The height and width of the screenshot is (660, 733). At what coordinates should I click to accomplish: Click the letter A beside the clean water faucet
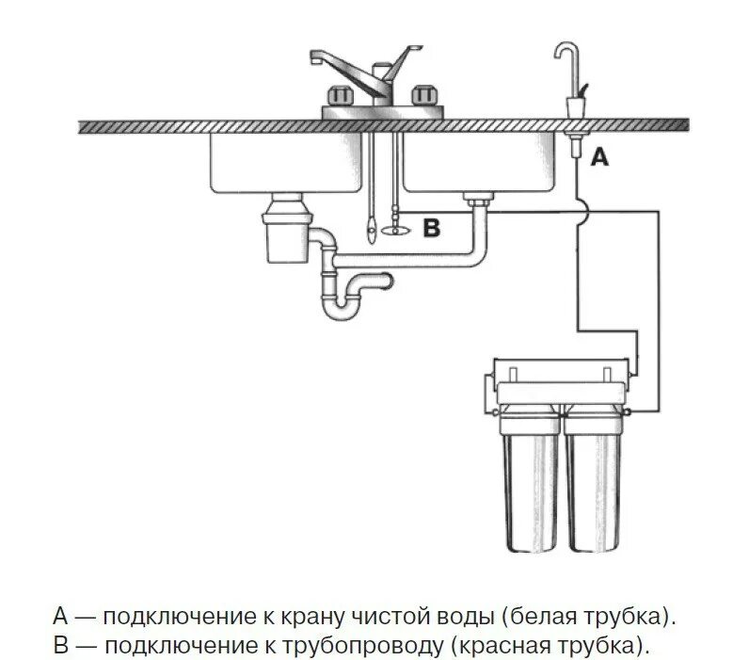(599, 158)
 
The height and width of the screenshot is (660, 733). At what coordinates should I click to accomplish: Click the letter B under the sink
(431, 228)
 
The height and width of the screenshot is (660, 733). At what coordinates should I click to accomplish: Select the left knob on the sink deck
(339, 96)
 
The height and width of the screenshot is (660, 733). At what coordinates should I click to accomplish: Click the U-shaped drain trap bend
(341, 305)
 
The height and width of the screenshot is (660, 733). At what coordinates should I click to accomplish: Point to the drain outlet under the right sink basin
(478, 198)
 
